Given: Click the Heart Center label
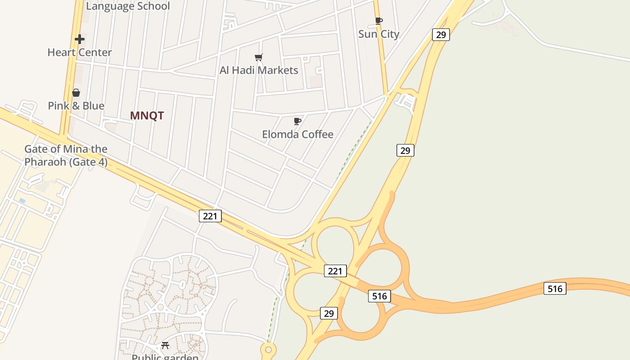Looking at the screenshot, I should [80, 52].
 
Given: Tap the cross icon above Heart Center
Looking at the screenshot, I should [80, 39].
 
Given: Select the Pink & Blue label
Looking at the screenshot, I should [76, 106].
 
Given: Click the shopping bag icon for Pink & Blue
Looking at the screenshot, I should [76, 93].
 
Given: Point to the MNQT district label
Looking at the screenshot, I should [147, 116].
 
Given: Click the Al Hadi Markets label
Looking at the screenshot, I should [259, 70].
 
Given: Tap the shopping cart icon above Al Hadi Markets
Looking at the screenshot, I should [258, 57].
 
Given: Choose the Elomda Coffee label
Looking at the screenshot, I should [297, 134].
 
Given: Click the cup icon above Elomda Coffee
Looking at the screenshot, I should [297, 121].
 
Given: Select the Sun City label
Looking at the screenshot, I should [378, 34].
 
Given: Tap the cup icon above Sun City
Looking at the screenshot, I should [378, 21].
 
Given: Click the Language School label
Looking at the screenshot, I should [128, 6].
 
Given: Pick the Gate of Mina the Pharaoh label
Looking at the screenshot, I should [66, 155].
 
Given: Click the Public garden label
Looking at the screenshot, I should [165, 357].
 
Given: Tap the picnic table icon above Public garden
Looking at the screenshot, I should [165, 346].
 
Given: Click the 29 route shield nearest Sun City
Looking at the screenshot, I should [441, 35].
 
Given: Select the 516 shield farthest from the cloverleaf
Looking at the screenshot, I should [554, 288].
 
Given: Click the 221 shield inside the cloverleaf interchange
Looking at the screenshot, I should [335, 271].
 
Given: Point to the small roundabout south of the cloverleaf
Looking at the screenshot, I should [268, 349].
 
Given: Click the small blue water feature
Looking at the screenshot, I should [22, 200].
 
